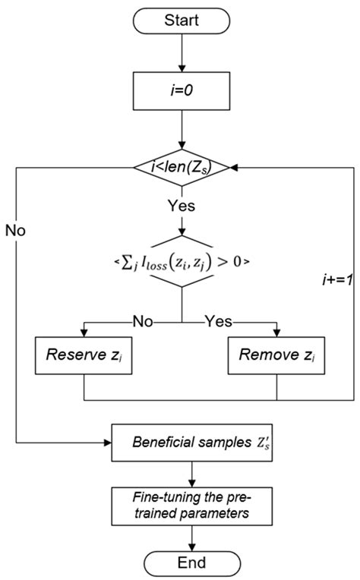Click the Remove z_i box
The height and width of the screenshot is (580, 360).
coord(276,354)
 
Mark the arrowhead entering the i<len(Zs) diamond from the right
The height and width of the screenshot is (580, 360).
coord(236,169)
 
